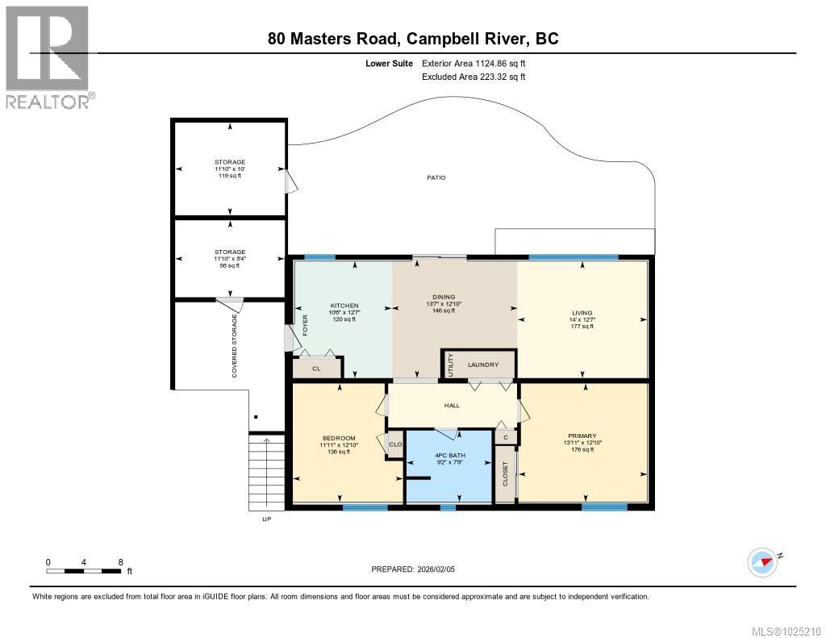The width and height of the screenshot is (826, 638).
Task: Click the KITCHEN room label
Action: tap(343, 306)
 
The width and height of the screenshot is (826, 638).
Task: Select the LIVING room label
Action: tap(582, 313)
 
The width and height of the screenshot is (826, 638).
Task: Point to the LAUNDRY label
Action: tap(482, 365)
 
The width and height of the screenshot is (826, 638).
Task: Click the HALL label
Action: tap(452, 405)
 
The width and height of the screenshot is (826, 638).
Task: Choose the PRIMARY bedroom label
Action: tap(581, 436)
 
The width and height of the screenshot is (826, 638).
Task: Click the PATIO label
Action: tap(436, 177)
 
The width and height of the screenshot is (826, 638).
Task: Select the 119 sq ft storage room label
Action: tap(230, 162)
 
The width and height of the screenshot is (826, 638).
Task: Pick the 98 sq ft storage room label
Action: tap(230, 252)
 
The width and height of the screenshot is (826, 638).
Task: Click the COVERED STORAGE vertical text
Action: tap(235, 346)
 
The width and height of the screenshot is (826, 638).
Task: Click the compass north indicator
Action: tap(762, 561)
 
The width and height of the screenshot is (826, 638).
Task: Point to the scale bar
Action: tap(85, 571)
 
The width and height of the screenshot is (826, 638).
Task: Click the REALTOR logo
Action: tap(48, 56)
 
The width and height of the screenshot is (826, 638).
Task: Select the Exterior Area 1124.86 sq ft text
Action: tap(473, 63)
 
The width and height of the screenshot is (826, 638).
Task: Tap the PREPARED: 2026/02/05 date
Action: tap(418, 569)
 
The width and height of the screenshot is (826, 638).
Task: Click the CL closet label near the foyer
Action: tap(315, 369)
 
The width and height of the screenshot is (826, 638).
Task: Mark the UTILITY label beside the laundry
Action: tap(450, 365)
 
